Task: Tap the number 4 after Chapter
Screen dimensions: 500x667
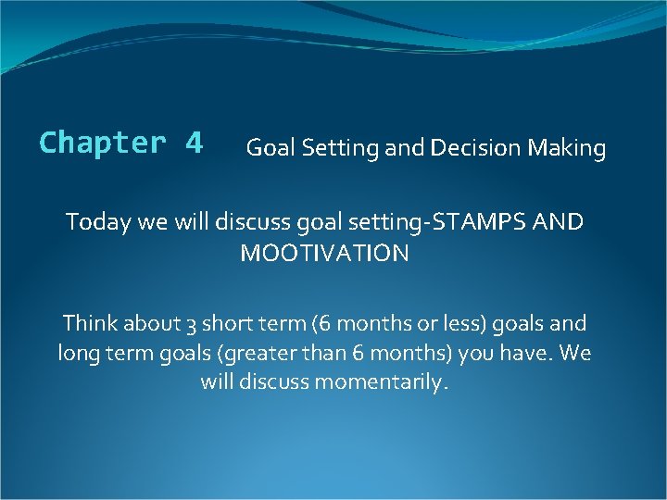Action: (x=194, y=144)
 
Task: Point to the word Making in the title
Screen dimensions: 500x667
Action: (x=567, y=148)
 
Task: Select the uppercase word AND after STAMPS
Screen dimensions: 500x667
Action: (x=559, y=223)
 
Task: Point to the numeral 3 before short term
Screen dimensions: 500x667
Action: (x=189, y=325)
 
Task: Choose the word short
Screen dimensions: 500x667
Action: (x=226, y=324)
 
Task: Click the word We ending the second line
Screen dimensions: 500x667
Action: (x=575, y=354)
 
